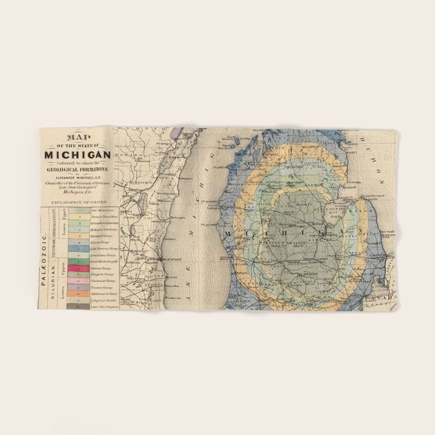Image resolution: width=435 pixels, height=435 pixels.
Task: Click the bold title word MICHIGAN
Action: point(77,153)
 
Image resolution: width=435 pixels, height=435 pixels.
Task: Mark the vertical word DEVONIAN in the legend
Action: point(54,246)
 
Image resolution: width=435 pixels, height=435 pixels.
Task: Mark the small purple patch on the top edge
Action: point(178,132)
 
